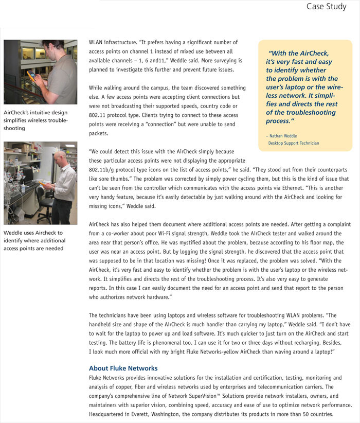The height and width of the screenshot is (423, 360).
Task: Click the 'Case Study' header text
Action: [326, 7]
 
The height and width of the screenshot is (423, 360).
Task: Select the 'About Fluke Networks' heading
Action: [123, 368]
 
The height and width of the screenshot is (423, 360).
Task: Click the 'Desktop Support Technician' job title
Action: [294, 143]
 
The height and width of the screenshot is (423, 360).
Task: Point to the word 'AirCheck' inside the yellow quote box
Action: [313, 53]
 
